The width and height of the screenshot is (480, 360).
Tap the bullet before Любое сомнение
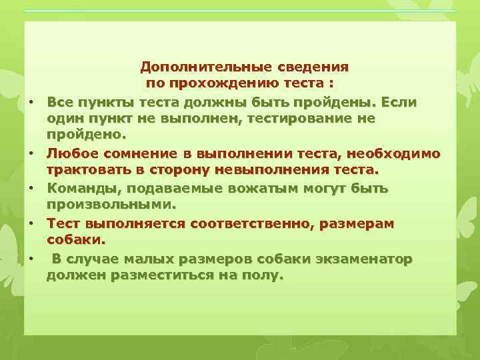tap(31, 153)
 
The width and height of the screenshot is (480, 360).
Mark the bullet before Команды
tap(31, 188)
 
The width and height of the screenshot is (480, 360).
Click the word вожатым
tap(251, 188)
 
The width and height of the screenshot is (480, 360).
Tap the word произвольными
tap(109, 205)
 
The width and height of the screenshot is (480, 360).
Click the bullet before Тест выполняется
tap(31, 223)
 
